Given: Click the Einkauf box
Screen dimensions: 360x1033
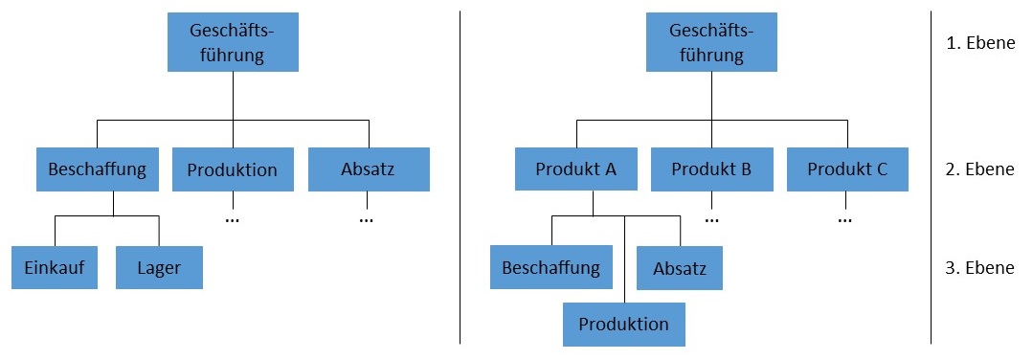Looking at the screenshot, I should (x=55, y=267).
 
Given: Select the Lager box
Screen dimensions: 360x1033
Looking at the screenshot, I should (x=159, y=267).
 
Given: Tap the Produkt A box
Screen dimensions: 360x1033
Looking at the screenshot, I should (x=575, y=169).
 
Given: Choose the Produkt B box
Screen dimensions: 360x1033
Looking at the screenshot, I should (x=711, y=169).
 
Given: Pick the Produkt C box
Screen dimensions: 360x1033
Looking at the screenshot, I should (x=847, y=169).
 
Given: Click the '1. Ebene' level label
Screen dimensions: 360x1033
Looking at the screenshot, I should (x=979, y=43).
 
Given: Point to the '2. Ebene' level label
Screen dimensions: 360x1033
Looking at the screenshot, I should (x=979, y=169).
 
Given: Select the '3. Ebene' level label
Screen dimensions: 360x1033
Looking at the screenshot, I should (x=979, y=267).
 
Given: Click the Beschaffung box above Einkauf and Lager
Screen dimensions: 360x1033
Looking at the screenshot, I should (x=97, y=169).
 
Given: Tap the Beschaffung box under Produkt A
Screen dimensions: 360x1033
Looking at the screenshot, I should (x=550, y=267).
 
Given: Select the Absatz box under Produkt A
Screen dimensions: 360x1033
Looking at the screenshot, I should (x=679, y=268).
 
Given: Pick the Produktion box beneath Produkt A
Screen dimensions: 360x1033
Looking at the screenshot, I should (x=624, y=324).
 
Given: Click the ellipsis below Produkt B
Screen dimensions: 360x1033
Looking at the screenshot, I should (x=711, y=218).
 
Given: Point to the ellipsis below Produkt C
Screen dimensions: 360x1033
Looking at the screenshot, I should (x=845, y=218).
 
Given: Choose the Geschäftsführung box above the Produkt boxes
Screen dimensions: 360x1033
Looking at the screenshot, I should (x=711, y=43).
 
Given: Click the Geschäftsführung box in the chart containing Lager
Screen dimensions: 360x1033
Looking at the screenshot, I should (x=233, y=43).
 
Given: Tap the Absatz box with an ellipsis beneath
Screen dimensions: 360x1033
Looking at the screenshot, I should (x=369, y=169).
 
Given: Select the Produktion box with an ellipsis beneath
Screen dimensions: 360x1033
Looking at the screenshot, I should (x=233, y=169).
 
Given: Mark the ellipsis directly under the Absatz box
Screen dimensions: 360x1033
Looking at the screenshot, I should (x=367, y=218).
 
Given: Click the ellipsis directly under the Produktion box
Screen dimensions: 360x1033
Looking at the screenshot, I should (x=233, y=218).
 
